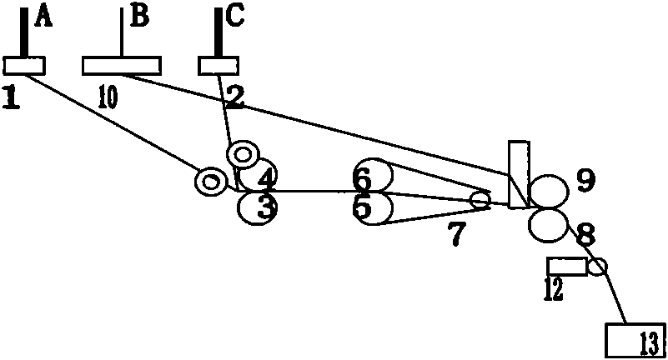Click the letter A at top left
click(x=44, y=18)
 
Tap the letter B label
click(x=140, y=17)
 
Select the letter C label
click(x=234, y=17)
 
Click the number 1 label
click(x=11, y=97)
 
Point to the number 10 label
click(x=108, y=97)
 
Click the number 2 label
click(x=234, y=97)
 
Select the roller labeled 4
click(x=259, y=175)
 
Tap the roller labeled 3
click(x=258, y=207)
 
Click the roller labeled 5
click(x=373, y=208)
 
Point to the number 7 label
click(x=456, y=233)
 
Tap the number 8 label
click(x=586, y=233)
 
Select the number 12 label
click(x=554, y=289)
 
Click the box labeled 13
click(x=635, y=340)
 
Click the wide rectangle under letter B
click(x=122, y=66)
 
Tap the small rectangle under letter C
click(x=218, y=66)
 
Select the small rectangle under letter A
click(x=24, y=66)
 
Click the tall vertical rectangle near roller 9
click(x=519, y=174)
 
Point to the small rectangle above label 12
click(x=567, y=267)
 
